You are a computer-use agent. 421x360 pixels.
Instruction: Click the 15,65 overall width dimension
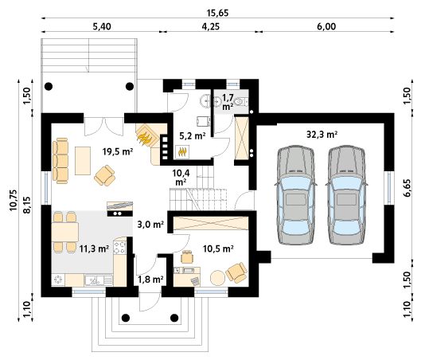coord(217,13)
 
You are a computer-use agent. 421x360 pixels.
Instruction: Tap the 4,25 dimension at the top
coord(210,26)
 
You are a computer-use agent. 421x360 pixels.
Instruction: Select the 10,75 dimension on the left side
coord(14,200)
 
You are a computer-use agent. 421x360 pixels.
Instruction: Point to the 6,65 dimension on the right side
coord(407,188)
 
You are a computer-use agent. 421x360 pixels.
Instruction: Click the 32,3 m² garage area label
coord(322,134)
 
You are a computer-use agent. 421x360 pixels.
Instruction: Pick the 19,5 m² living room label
coord(118,152)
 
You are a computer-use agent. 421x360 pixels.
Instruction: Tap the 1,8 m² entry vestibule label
coord(150,280)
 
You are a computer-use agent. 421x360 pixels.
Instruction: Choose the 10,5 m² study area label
coord(218,248)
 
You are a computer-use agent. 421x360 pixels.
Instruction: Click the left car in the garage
coord(295,195)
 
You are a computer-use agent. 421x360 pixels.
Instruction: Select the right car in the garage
coord(346,195)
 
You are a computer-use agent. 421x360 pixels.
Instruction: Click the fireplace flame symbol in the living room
coord(145,136)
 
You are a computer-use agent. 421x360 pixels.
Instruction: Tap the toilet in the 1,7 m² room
coord(240,102)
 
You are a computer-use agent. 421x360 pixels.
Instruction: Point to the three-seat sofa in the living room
coord(60,161)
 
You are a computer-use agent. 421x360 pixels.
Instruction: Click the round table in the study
coord(217,278)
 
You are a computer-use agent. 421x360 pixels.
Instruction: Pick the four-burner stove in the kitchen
coord(119,248)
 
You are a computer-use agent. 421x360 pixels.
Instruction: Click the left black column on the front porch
coord(126,318)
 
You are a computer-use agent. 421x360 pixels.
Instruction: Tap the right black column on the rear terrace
coord(130,86)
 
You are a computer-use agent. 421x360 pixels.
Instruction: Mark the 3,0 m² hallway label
coord(150,224)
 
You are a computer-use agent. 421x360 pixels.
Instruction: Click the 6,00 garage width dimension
coord(326,26)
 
